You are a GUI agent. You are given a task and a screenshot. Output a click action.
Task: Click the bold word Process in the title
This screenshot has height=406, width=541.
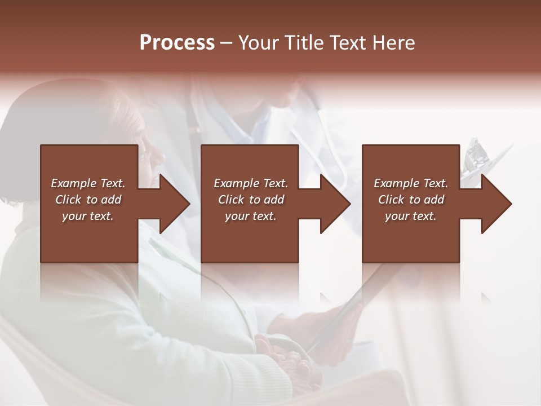pos(177,43)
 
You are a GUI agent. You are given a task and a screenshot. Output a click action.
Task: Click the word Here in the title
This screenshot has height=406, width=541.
pos(393,43)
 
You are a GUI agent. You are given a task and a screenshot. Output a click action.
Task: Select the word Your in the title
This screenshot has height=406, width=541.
pos(259,43)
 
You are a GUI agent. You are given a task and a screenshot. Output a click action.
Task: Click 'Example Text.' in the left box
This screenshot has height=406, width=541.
pos(88,183)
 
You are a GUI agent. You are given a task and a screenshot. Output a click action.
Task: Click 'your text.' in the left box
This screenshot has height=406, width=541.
pos(88,216)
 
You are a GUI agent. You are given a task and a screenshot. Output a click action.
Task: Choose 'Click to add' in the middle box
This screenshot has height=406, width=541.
pos(251,200)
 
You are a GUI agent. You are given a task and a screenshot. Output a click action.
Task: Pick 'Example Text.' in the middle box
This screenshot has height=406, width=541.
pos(251,183)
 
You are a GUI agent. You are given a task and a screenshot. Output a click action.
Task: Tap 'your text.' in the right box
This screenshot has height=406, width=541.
pos(411,216)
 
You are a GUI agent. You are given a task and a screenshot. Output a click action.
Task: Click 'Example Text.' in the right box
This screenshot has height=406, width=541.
pos(411,183)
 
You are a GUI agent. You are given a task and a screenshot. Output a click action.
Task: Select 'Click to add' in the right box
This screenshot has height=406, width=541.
pos(411,200)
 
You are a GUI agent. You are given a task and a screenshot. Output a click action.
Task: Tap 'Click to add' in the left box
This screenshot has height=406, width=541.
pos(88,200)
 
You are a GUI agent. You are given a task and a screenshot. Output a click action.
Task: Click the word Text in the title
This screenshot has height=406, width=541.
pos(349,43)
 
